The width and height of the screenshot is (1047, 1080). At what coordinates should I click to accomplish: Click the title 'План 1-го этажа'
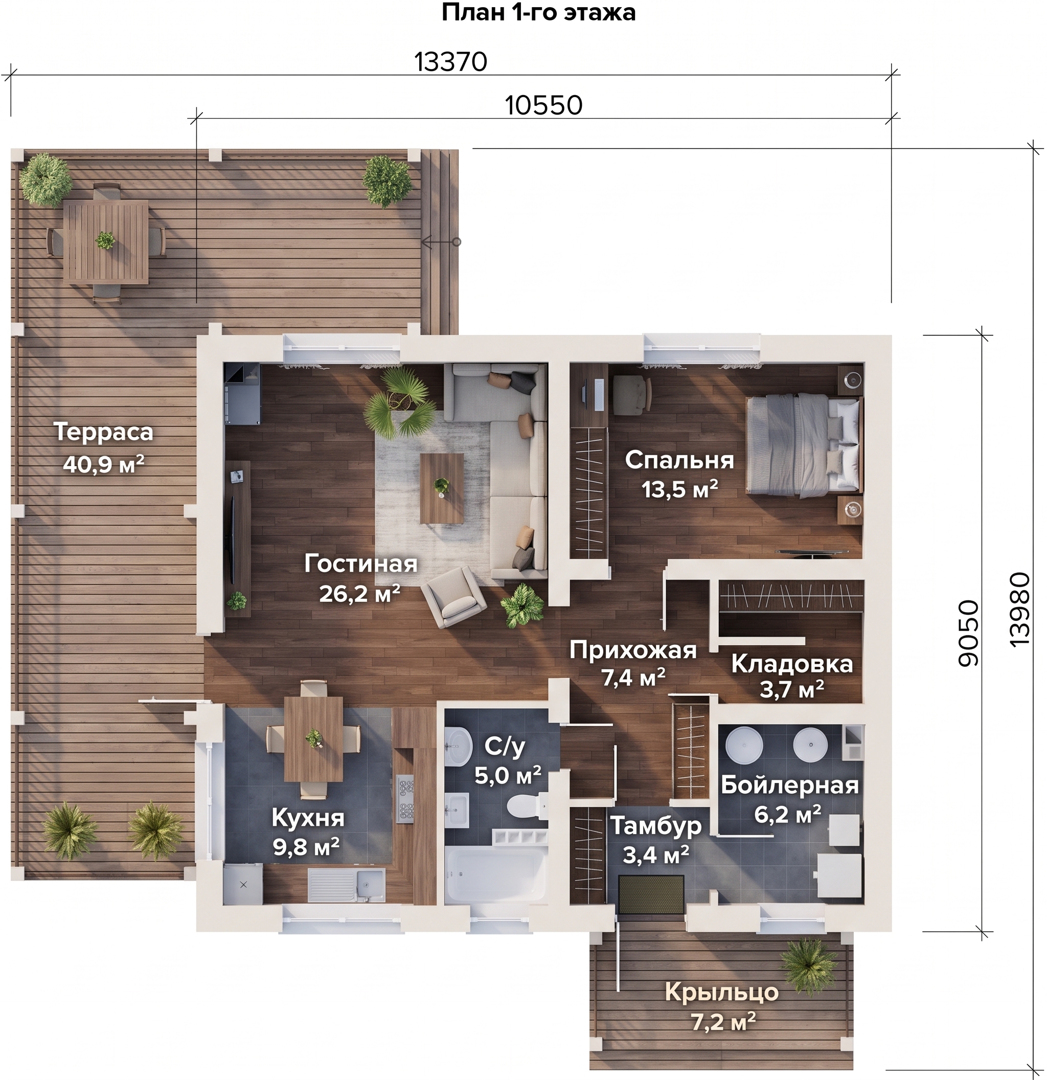(x=538, y=13)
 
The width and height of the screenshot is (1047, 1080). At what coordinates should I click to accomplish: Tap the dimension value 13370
(x=450, y=62)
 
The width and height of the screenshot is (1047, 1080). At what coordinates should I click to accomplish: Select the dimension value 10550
(x=543, y=105)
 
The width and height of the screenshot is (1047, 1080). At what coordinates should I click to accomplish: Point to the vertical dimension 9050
(x=969, y=633)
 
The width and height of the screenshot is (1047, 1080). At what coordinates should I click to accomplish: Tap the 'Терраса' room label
(x=104, y=432)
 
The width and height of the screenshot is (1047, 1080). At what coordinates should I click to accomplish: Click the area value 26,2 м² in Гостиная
(x=359, y=594)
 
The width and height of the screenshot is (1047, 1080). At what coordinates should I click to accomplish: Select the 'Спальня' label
(x=679, y=460)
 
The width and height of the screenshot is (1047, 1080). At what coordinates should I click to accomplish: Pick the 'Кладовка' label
(x=792, y=664)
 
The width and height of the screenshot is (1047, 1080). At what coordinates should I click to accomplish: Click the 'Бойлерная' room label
(x=790, y=784)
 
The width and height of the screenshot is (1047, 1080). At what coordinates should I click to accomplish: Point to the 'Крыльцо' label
(x=722, y=993)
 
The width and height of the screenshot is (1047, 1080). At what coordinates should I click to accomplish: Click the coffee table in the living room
(x=442, y=488)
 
